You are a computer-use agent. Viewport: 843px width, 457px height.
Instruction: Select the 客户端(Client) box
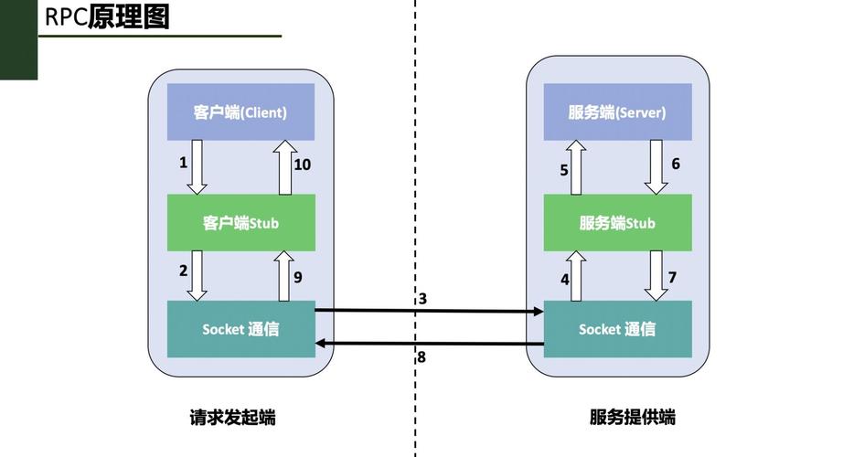click(240, 112)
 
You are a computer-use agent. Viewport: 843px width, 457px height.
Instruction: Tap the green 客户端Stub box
click(240, 222)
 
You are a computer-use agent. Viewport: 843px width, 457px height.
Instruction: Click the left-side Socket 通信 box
click(240, 329)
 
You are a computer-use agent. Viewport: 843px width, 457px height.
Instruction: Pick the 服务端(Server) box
click(617, 112)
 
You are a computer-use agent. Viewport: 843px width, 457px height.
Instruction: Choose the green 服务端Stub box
click(617, 222)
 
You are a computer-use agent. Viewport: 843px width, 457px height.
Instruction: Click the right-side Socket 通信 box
click(617, 329)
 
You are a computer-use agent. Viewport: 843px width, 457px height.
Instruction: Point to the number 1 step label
click(183, 163)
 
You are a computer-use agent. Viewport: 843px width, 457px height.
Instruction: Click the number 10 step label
click(303, 165)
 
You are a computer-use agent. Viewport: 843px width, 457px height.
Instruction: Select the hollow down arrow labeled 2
click(197, 275)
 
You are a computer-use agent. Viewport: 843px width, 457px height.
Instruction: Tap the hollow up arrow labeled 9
click(284, 275)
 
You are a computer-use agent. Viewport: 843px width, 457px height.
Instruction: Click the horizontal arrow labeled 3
click(430, 312)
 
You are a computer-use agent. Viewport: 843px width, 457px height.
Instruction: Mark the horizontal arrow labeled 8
click(430, 344)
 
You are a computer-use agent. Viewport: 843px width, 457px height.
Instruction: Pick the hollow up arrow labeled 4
click(576, 275)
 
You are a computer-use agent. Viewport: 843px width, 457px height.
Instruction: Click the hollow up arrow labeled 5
click(576, 166)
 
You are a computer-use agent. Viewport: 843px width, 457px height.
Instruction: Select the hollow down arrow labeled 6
click(656, 166)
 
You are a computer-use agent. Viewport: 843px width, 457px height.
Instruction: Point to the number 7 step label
click(672, 276)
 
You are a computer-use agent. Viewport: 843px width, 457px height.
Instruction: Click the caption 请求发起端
click(232, 418)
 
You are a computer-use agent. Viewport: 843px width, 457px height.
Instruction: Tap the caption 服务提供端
click(632, 418)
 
